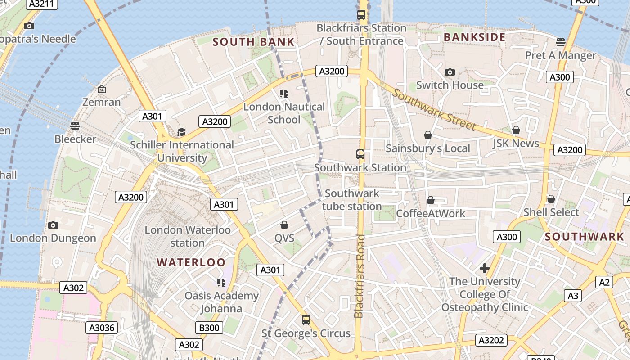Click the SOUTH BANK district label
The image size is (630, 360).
click(253, 42)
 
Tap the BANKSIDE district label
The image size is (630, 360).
click(474, 37)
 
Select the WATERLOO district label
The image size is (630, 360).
click(191, 262)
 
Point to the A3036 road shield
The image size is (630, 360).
click(102, 328)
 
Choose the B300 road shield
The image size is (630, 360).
click(209, 328)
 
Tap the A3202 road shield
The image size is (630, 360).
click(491, 340)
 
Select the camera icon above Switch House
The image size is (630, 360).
click(450, 72)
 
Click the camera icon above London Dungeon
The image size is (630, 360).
click(53, 225)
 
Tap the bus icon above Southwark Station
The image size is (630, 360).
click(360, 154)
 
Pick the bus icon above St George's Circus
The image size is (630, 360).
click(306, 320)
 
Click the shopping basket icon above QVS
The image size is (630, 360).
click(284, 225)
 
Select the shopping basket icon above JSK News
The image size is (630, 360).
click(516, 130)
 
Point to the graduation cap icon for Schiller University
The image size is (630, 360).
click(181, 132)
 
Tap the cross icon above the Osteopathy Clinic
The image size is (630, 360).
click(484, 269)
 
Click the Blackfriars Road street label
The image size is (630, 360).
click(359, 276)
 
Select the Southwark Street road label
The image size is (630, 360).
click(434, 109)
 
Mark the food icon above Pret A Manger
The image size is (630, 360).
click(560, 42)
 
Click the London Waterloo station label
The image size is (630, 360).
click(187, 236)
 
